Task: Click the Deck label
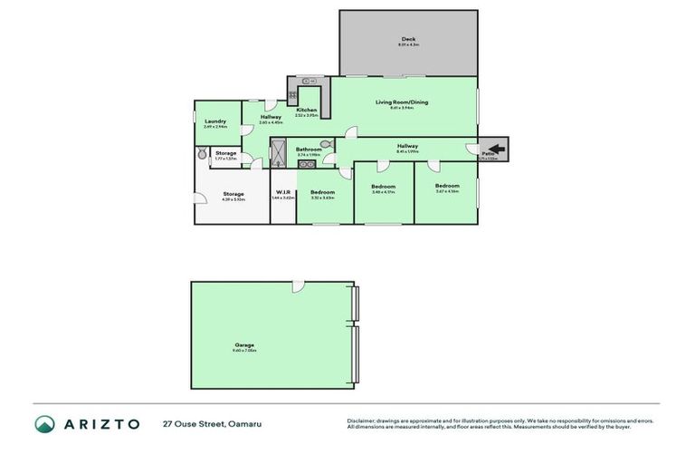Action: (409, 39)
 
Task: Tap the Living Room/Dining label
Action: (402, 102)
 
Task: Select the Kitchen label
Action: (306, 111)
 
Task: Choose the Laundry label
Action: (214, 121)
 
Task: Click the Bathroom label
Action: (309, 150)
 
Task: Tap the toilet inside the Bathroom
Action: (326, 143)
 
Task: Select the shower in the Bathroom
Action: (279, 154)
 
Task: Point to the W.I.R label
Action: (282, 192)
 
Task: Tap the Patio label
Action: (488, 154)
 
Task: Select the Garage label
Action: (244, 344)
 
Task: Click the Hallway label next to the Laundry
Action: (271, 117)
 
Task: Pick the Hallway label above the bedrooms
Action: (407, 146)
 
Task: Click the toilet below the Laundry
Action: (202, 155)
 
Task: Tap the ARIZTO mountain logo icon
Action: (45, 424)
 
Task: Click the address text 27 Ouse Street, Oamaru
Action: (212, 424)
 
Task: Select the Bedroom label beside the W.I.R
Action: (323, 192)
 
